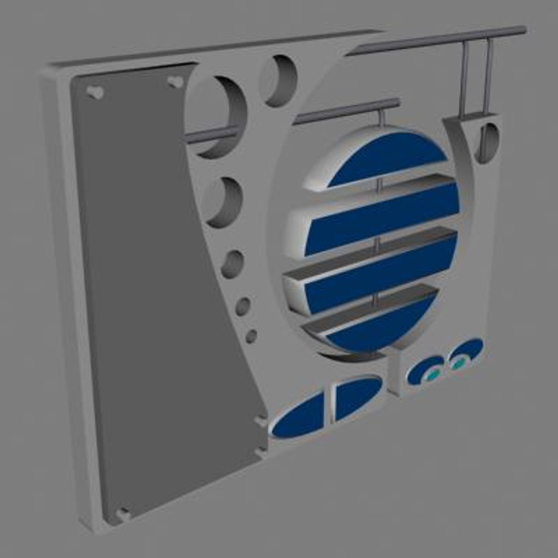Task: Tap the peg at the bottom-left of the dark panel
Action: click(123, 514)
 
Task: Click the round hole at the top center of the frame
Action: click(279, 81)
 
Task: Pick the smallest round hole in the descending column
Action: click(251, 336)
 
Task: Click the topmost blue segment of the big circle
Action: click(388, 157)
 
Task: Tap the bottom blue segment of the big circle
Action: click(382, 326)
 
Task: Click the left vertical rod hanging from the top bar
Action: click(464, 78)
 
